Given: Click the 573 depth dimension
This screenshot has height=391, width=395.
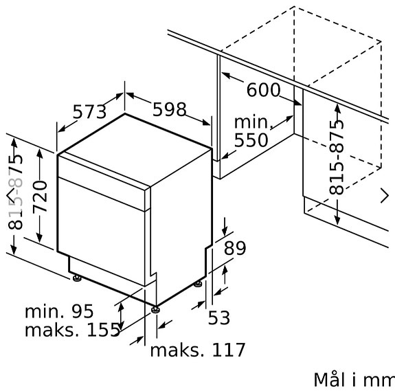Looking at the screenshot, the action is pos(89,112).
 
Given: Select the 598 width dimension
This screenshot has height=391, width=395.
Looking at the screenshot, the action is pos(170,109).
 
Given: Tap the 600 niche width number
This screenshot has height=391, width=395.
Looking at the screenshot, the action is pos(263,90).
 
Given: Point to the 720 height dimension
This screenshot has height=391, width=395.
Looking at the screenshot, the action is pos(41,197).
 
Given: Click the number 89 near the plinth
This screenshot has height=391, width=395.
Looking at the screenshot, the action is pos(235,248).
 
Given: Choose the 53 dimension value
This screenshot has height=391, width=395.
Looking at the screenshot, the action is pos(219,317).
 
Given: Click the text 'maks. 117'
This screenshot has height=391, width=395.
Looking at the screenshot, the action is pos(198,350).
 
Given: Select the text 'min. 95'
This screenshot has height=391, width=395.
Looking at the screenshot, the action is pos(59,311).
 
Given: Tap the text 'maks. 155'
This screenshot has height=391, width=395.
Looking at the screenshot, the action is pos(73,330).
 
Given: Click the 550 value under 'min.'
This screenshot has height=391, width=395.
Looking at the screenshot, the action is pos(251,140).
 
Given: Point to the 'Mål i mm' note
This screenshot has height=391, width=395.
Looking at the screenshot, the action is pos(354,379).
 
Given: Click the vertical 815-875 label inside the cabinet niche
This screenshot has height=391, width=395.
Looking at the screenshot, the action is pos(337,157).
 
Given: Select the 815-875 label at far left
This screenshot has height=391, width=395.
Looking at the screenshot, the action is pos(16,192).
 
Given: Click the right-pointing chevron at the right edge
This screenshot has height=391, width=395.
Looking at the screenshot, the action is pos(385,195).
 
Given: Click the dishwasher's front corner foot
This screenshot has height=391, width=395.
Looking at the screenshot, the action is pos(155,309).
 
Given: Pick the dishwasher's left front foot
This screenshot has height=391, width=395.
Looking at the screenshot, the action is pos(77,278).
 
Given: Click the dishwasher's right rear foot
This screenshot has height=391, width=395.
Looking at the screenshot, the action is pos(198,284).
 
